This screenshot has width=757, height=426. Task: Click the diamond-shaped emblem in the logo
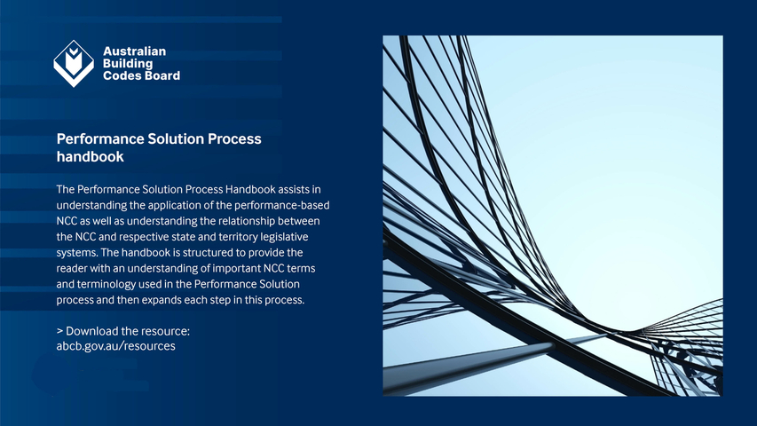point(74,63)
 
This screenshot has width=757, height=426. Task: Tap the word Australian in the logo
point(134,51)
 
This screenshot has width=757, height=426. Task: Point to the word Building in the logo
point(128,63)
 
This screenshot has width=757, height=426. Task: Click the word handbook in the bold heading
point(91,156)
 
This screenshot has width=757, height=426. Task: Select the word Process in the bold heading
point(234,138)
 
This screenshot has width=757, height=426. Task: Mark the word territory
point(238,237)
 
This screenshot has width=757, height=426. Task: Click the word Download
point(91,331)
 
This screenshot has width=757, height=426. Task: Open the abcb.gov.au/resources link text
point(116,346)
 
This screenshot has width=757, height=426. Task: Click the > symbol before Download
point(59,331)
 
